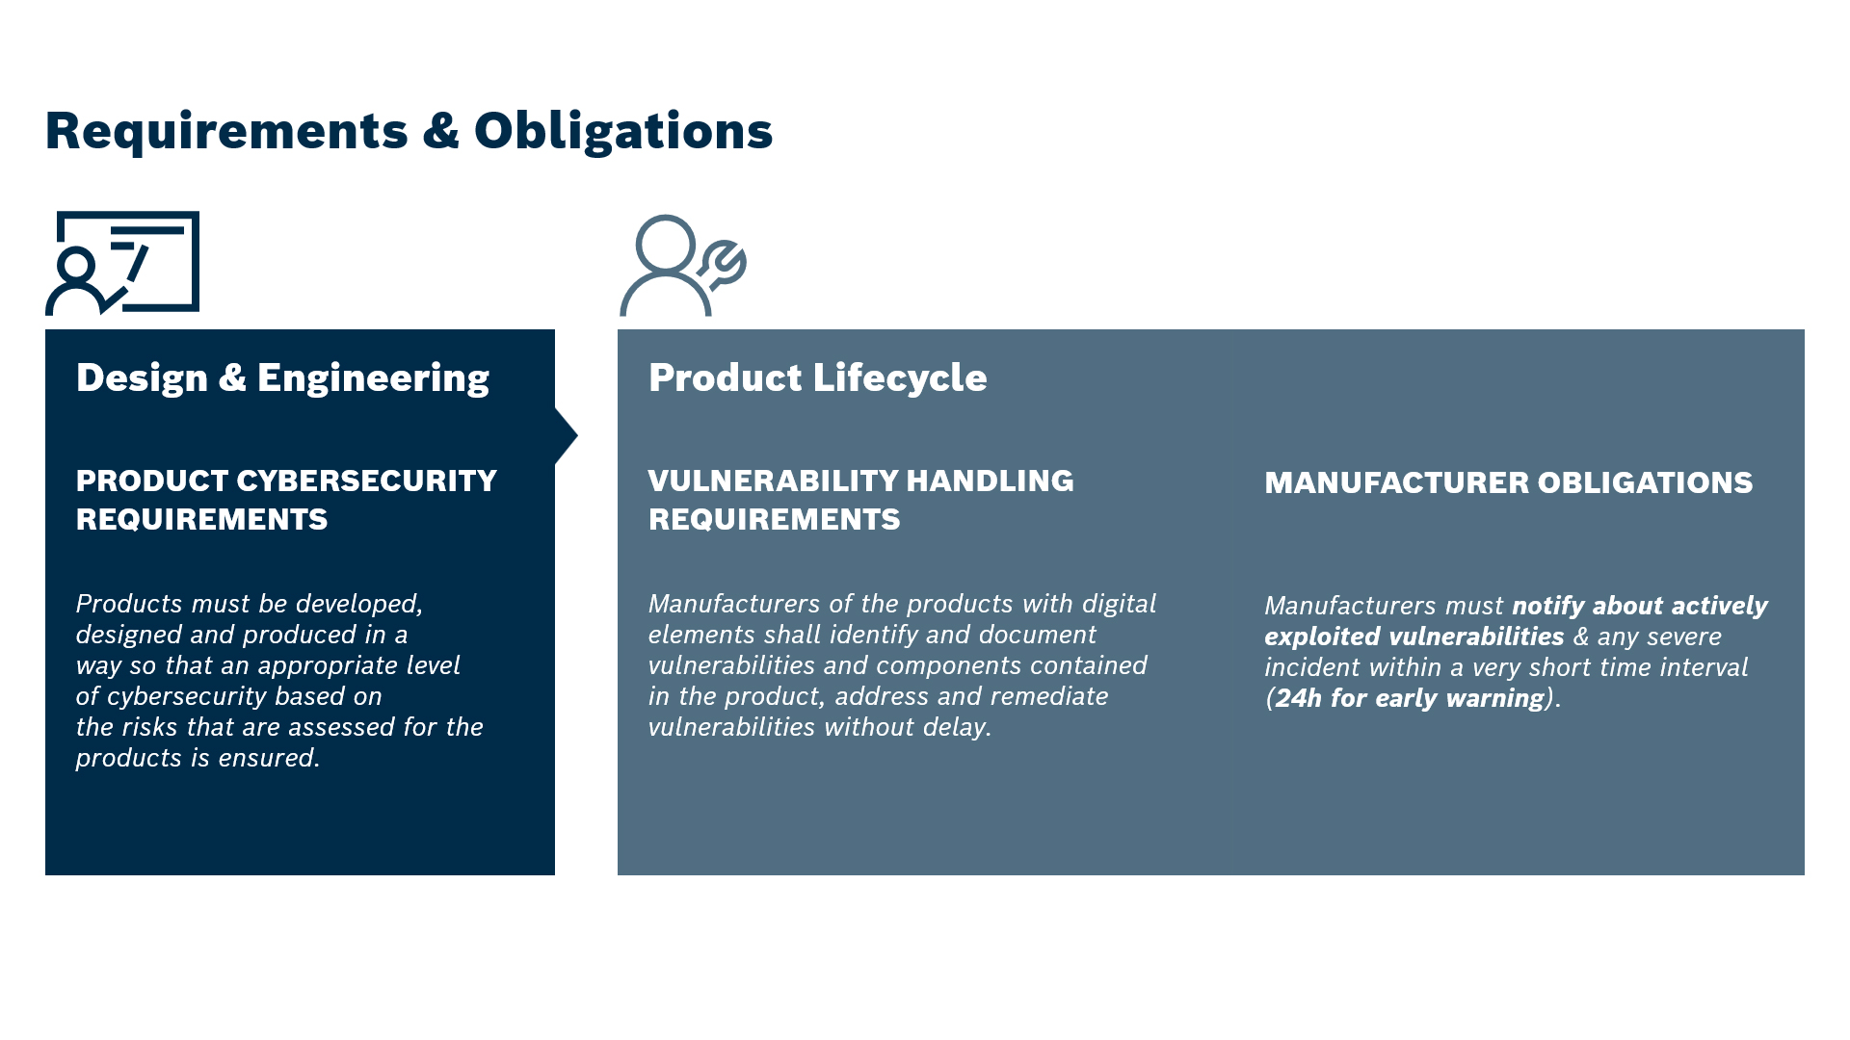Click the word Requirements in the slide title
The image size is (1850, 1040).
(227, 132)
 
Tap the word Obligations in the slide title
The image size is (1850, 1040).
(623, 132)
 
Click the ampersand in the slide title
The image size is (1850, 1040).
(441, 131)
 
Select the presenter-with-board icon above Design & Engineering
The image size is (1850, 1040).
(122, 263)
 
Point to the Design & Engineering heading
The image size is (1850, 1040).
(282, 378)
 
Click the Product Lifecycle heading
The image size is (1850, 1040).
(818, 377)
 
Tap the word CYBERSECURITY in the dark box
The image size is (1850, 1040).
(367, 481)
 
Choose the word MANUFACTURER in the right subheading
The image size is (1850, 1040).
(1394, 482)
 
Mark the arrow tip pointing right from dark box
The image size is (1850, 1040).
(577, 436)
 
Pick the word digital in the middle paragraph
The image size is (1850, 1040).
(1119, 605)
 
